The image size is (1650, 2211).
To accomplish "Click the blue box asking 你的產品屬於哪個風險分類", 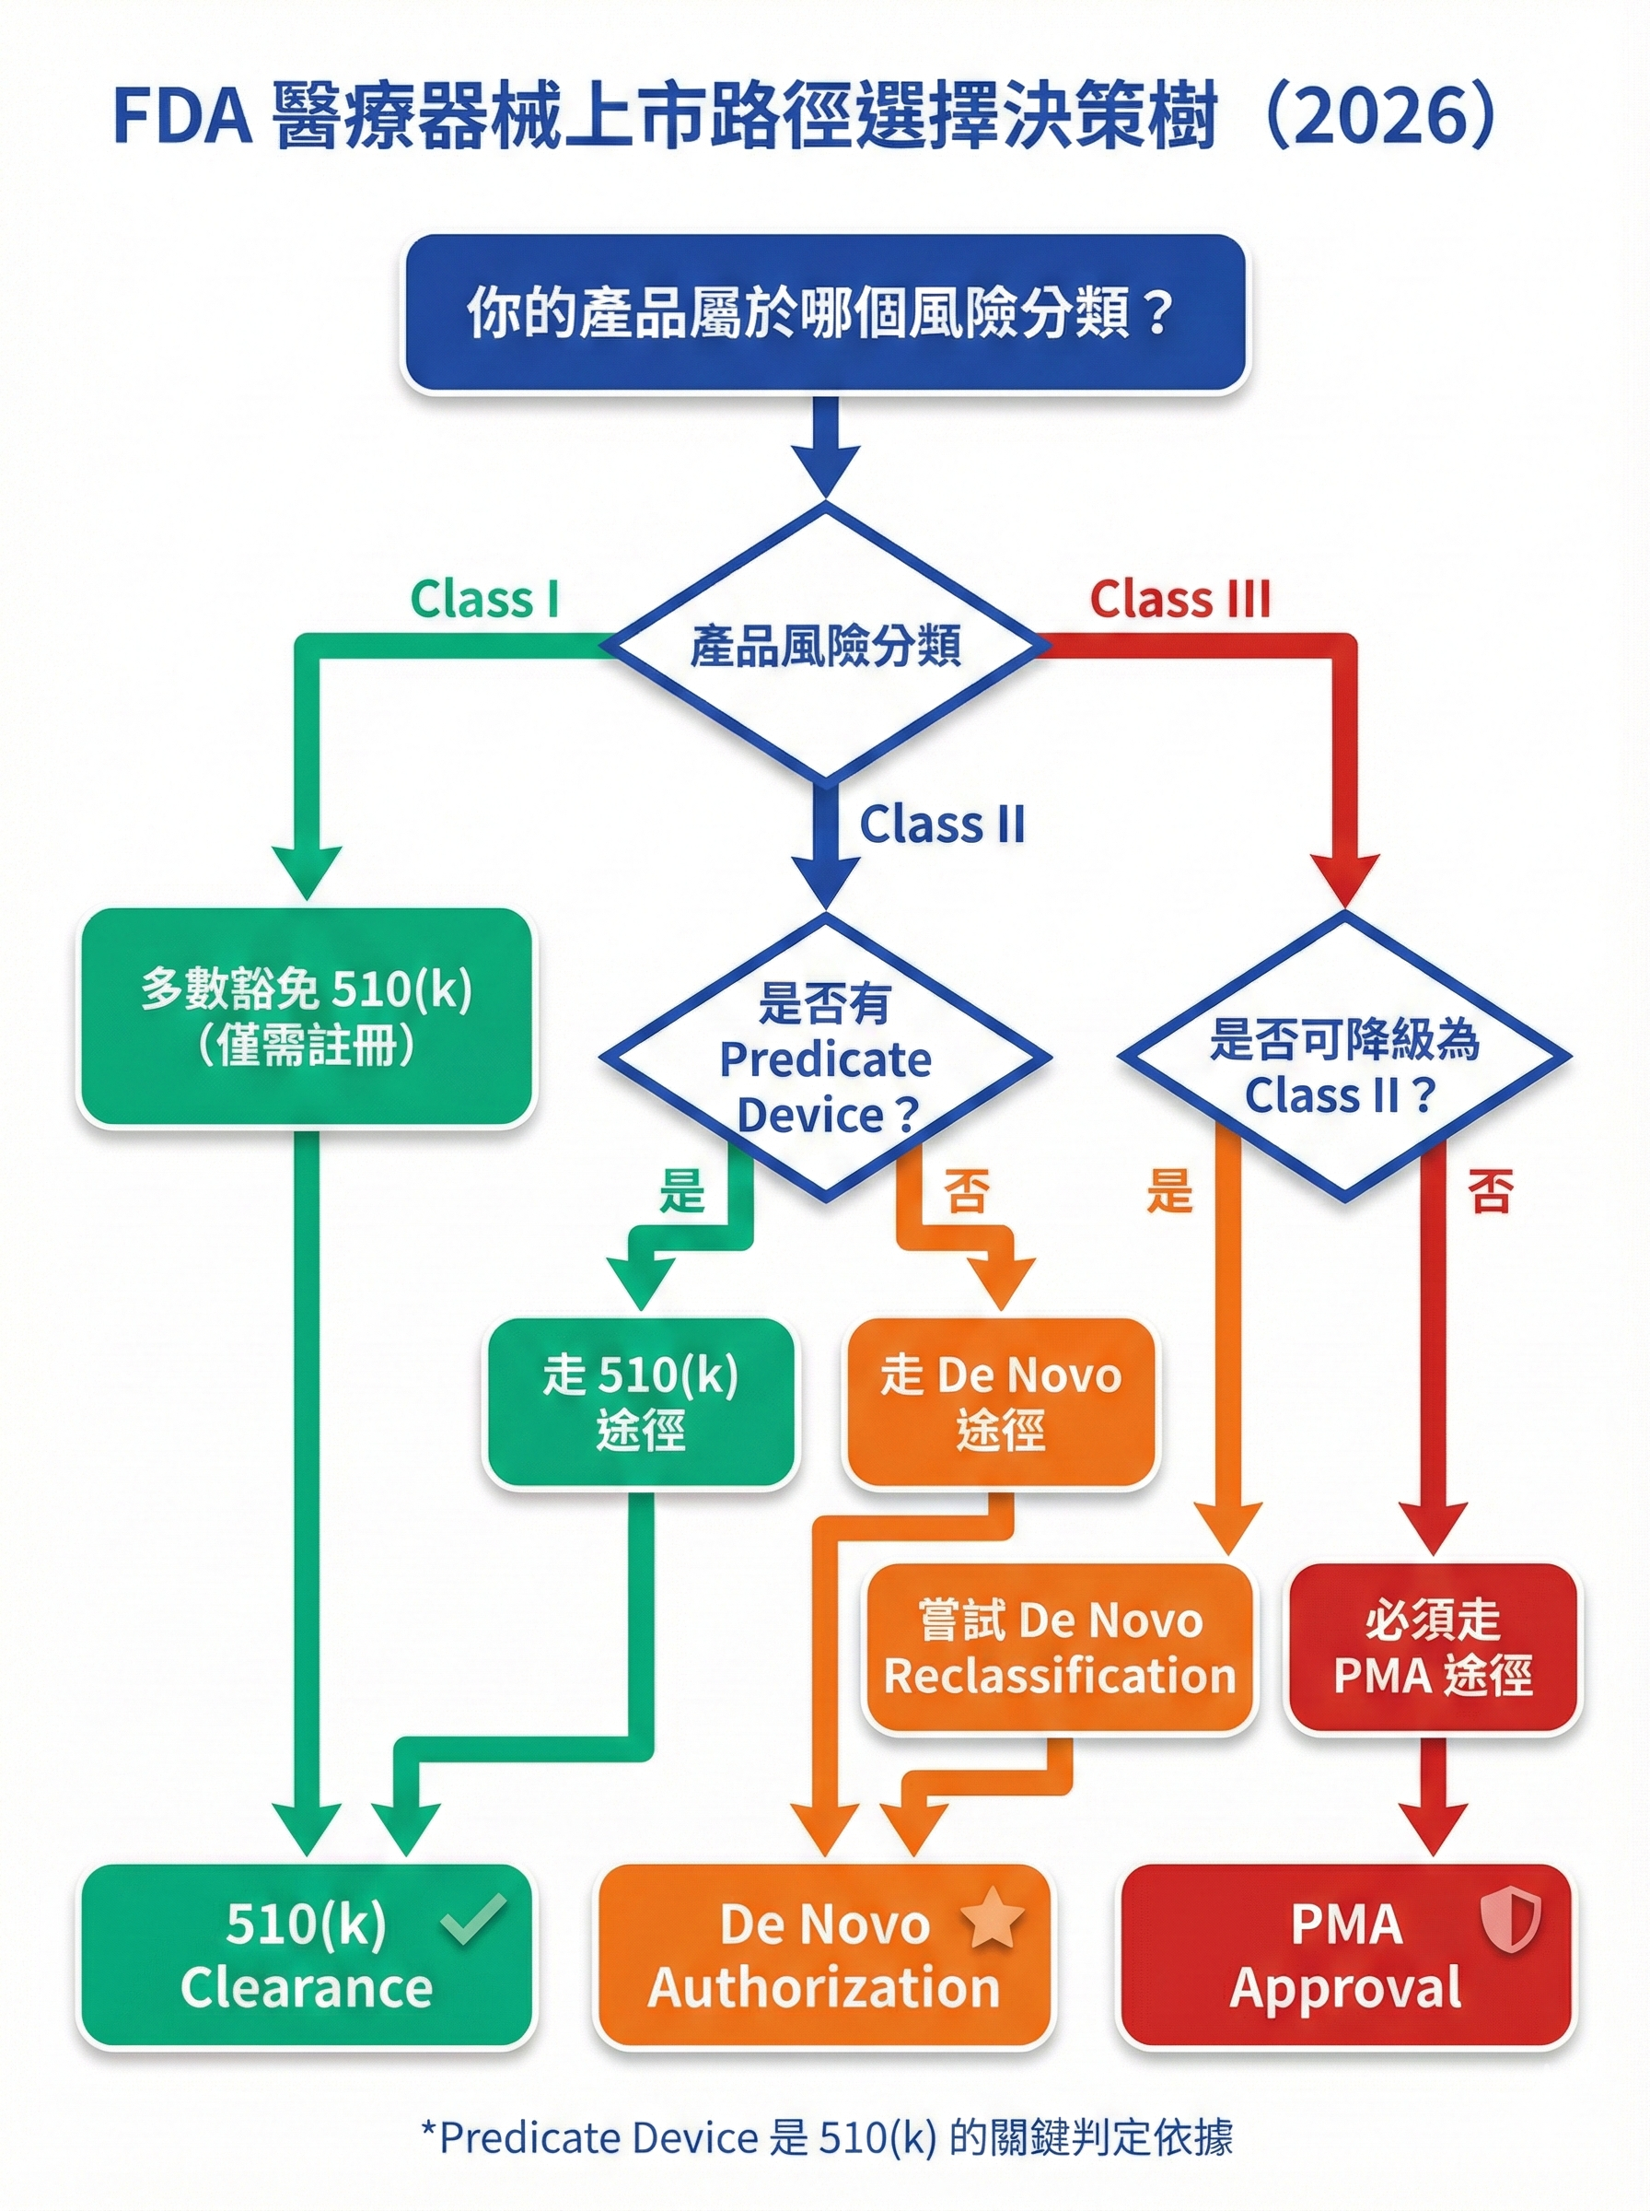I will pyautogui.click(x=824, y=312).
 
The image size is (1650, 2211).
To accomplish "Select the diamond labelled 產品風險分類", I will pyautogui.click(x=824, y=645).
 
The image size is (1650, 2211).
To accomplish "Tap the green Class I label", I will pyautogui.click(x=484, y=601).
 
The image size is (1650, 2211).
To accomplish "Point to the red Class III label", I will pyautogui.click(x=1179, y=601).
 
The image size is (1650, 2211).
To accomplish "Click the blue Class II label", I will pyautogui.click(x=942, y=825).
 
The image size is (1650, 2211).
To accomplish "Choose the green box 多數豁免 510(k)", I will pyautogui.click(x=307, y=1017).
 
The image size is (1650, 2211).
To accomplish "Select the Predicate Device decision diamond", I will pyautogui.click(x=824, y=1057).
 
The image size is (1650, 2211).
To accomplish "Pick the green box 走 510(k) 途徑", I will pyautogui.click(x=640, y=1403).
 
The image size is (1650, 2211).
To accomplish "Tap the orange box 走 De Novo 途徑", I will pyautogui.click(x=1000, y=1403).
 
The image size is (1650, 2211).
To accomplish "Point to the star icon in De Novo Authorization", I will pyautogui.click(x=992, y=1919).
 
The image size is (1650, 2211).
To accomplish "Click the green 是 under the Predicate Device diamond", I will pyautogui.click(x=681, y=1192).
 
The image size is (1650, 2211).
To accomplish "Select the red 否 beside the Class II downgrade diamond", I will pyautogui.click(x=1490, y=1192).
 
